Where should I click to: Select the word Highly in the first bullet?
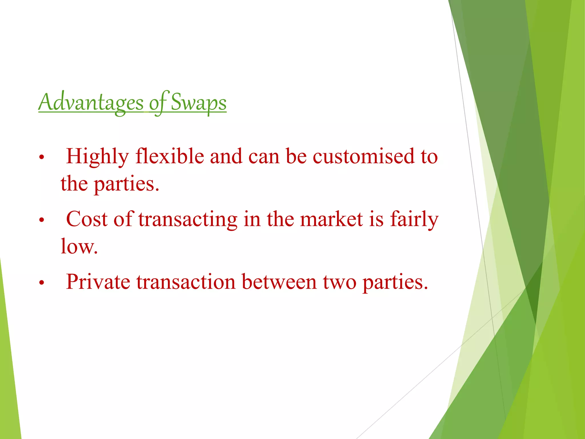coord(97,157)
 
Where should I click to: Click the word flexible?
coord(170,157)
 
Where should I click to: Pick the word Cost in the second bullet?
coord(87,219)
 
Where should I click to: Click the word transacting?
coord(188,219)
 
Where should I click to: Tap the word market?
coord(331,219)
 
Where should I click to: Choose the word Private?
coord(98,282)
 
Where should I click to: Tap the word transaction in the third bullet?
coord(186,282)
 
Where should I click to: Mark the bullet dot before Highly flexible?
coord(42,157)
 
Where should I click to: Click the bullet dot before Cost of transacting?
coord(42,220)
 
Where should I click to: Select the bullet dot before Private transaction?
coord(42,283)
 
